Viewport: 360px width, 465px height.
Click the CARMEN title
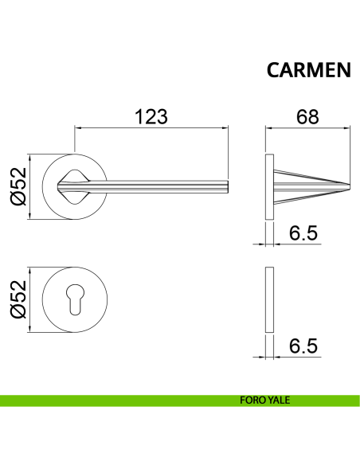click(309, 70)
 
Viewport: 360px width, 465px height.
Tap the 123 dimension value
click(151, 116)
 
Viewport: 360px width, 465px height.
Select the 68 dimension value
click(307, 116)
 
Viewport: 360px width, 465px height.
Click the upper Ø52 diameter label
click(18, 186)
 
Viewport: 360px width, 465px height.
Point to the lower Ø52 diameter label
click(18, 299)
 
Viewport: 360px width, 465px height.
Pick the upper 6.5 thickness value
click(303, 232)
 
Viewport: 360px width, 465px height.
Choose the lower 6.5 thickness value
click(303, 346)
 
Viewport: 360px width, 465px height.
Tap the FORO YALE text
click(264, 400)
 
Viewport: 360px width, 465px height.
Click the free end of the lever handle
click(228, 186)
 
